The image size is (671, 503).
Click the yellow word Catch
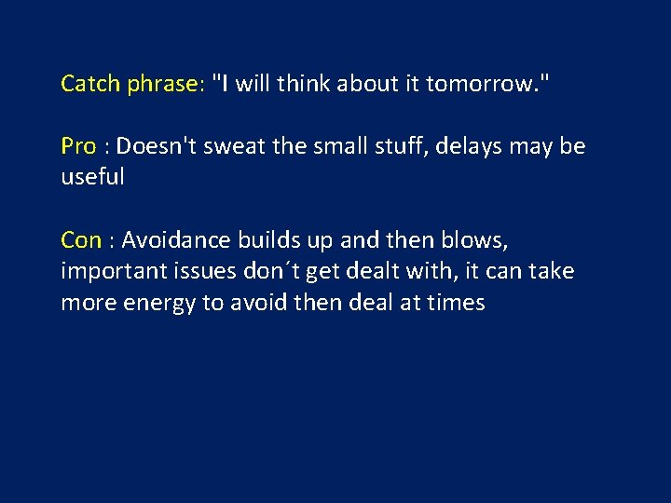tap(90, 84)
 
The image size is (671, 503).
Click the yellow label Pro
tap(78, 147)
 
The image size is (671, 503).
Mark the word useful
tap(92, 178)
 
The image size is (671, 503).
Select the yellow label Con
tap(81, 240)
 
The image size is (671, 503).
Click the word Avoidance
tap(176, 240)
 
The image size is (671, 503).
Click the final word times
tap(456, 303)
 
